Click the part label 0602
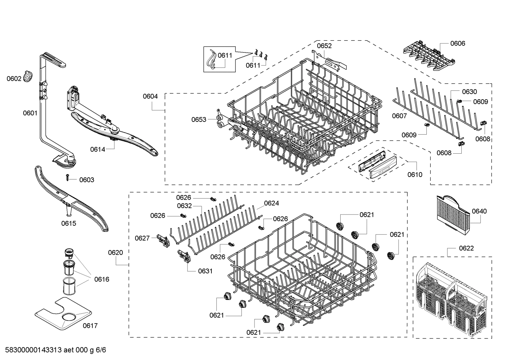[x=14, y=78]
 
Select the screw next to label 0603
[x=67, y=179]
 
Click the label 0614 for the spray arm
[x=97, y=149]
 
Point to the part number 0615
[x=68, y=223]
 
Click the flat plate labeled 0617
[x=64, y=312]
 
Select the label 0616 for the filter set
[x=102, y=279]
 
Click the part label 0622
[x=466, y=248]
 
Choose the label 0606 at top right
[x=457, y=43]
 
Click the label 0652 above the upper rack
[x=324, y=46]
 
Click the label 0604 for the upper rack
[x=150, y=96]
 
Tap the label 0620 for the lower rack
[x=115, y=252]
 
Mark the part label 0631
[x=205, y=271]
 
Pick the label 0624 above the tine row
[x=271, y=203]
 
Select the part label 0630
[x=469, y=92]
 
